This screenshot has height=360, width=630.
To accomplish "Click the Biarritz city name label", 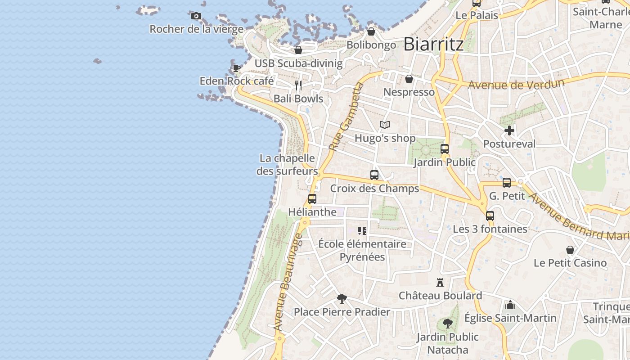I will (x=433, y=44).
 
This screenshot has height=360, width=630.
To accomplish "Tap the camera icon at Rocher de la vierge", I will (x=196, y=16).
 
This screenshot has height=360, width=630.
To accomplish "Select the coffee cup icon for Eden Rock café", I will (x=236, y=68).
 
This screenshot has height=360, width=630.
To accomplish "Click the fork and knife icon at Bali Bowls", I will (x=298, y=85).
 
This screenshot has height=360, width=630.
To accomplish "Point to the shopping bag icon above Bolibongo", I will (x=371, y=31).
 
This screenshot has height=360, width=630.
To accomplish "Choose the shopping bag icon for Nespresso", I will (x=409, y=79).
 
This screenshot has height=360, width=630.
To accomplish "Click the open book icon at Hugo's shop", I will (x=384, y=125).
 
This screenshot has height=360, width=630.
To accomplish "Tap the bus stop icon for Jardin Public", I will (x=445, y=149).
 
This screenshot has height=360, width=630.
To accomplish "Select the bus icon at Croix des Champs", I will (x=374, y=175).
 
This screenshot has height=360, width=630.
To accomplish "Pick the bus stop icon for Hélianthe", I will (x=312, y=199).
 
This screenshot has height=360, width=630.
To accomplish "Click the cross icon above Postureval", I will (x=509, y=131).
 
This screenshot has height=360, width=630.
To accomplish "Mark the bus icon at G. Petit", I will (x=507, y=183).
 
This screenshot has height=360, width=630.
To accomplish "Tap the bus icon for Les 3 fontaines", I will (x=490, y=216).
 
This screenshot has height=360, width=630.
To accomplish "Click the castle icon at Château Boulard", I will (x=440, y=283).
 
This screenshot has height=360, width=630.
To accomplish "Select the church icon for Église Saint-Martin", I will (x=510, y=305).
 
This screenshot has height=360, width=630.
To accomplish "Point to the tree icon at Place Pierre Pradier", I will (x=342, y=298).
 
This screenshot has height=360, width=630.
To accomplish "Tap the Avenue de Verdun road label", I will (x=516, y=84).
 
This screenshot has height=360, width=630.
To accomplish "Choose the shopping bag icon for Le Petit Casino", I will (x=570, y=250).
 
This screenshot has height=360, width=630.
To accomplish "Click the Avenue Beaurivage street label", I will (x=286, y=285).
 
